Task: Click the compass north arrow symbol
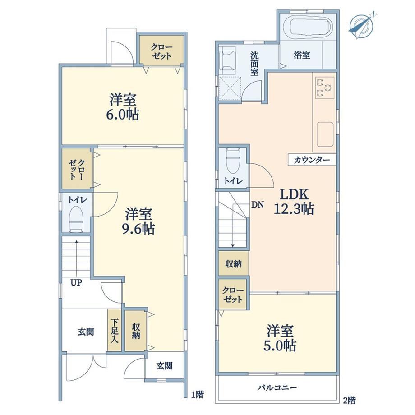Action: [361, 25]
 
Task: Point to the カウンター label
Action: [312, 160]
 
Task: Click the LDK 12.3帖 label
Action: [294, 201]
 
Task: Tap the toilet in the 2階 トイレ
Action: [233, 161]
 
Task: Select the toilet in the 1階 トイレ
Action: [76, 219]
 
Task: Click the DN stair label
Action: [257, 205]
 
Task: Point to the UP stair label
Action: [76, 283]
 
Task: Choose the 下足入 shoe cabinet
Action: [114, 331]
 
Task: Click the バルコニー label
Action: [277, 388]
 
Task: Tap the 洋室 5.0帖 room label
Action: [280, 338]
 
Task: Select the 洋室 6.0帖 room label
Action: [123, 107]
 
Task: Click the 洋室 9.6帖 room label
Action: [138, 221]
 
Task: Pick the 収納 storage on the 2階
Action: [234, 263]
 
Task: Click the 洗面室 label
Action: [254, 64]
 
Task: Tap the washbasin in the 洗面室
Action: [228, 60]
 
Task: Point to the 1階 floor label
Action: [198, 395]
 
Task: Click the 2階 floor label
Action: [349, 400]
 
